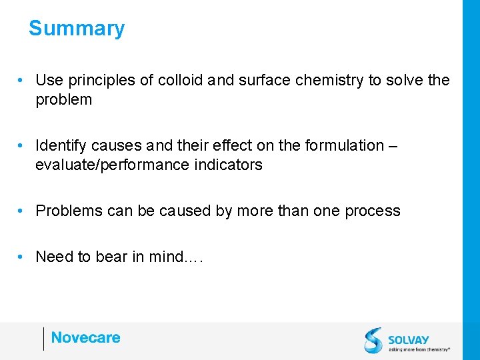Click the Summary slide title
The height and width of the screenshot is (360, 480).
pos(77,29)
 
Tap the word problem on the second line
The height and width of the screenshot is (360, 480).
pos(64,100)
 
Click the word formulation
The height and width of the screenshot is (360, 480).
pos(345,145)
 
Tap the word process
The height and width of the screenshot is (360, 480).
pos(373,211)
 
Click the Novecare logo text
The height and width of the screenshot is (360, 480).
pos(86,337)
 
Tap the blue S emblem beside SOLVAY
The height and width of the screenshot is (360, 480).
pos(373,340)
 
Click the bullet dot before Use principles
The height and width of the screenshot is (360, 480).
pos(22,81)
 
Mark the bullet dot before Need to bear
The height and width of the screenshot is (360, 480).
pos(22,257)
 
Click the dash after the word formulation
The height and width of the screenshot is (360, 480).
pos(393,145)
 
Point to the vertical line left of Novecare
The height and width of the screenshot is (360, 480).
pos(44,339)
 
